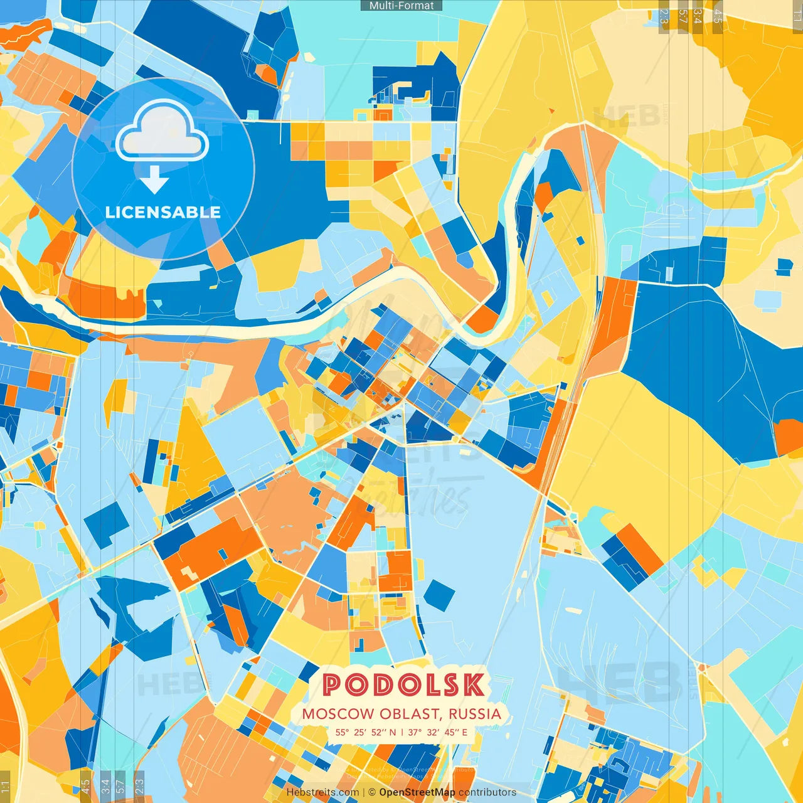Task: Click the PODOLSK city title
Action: coord(403,685)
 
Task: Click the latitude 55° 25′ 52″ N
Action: coord(366,732)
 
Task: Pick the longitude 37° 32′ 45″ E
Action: coord(438,732)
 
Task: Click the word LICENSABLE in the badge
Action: coord(163,213)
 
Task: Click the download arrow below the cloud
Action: coord(154,181)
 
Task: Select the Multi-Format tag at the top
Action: coord(401,6)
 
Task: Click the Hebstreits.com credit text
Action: coord(322,792)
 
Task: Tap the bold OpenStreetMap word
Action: coord(417,792)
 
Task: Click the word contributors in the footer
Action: coord(487,792)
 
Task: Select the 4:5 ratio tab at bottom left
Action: coord(85,786)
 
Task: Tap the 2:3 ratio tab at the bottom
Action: coord(139,786)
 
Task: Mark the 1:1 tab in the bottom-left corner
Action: coord(6,786)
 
